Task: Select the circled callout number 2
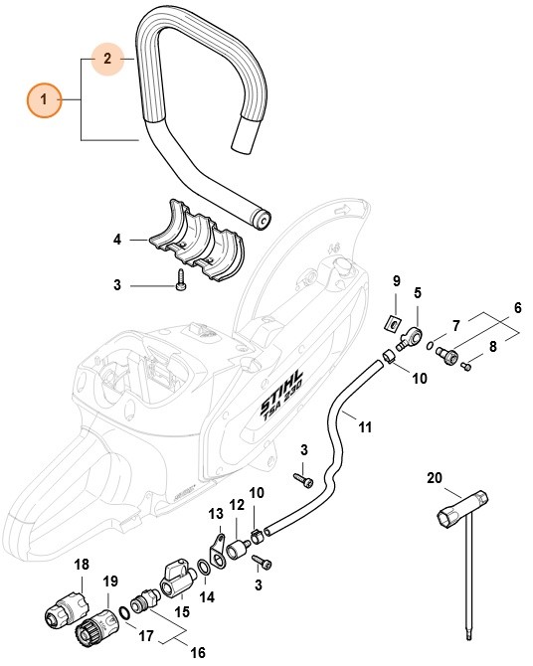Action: click(x=106, y=60)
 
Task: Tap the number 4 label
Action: click(x=116, y=240)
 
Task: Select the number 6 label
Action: click(x=517, y=309)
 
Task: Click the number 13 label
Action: click(x=216, y=513)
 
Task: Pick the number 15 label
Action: click(x=182, y=614)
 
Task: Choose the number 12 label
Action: click(x=237, y=507)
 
